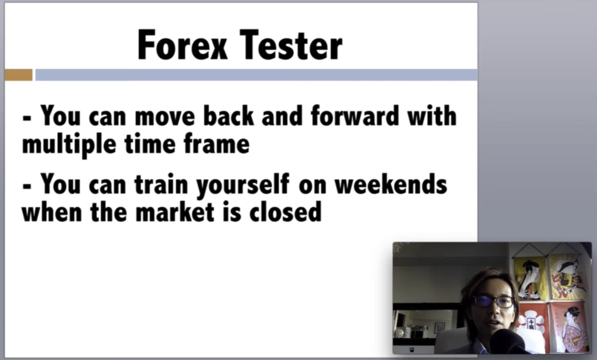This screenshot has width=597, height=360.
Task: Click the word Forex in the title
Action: pyautogui.click(x=182, y=45)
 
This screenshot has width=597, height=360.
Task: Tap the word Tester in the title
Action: pyautogui.click(x=292, y=45)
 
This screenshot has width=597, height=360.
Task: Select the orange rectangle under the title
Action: pyautogui.click(x=19, y=75)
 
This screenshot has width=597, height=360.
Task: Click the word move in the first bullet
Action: pyautogui.click(x=164, y=116)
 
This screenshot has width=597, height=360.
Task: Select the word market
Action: pyautogui.click(x=175, y=212)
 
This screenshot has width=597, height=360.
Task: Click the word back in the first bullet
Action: pyautogui.click(x=229, y=116)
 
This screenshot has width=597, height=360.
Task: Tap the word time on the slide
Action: pyautogui.click(x=150, y=144)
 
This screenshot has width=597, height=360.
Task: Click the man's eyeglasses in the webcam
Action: pyautogui.click(x=493, y=301)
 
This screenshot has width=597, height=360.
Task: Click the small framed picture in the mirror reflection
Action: pyautogui.click(x=440, y=327)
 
